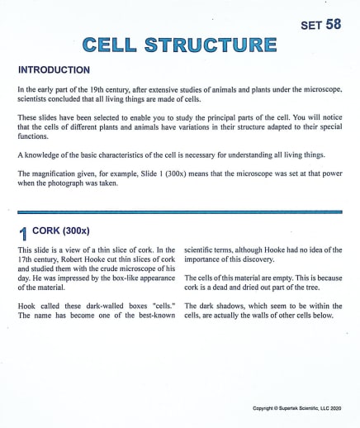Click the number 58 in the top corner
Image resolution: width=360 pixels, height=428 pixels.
(333, 25)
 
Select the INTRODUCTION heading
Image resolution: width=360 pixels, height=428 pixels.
(54, 70)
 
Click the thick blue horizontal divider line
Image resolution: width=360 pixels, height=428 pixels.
(179, 212)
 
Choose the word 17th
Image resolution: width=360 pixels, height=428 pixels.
(28, 259)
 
